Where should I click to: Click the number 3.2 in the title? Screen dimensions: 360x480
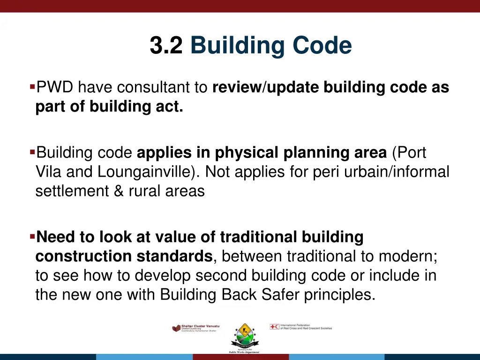(166, 46)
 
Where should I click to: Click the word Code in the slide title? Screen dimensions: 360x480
(322, 46)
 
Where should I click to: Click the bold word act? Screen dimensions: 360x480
(172, 106)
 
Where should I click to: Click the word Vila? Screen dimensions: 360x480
(49, 172)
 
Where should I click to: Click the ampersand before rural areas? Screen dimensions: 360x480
(119, 191)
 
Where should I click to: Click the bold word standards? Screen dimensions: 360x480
(175, 256)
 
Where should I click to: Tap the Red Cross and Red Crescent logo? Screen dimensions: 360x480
(300, 327)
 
